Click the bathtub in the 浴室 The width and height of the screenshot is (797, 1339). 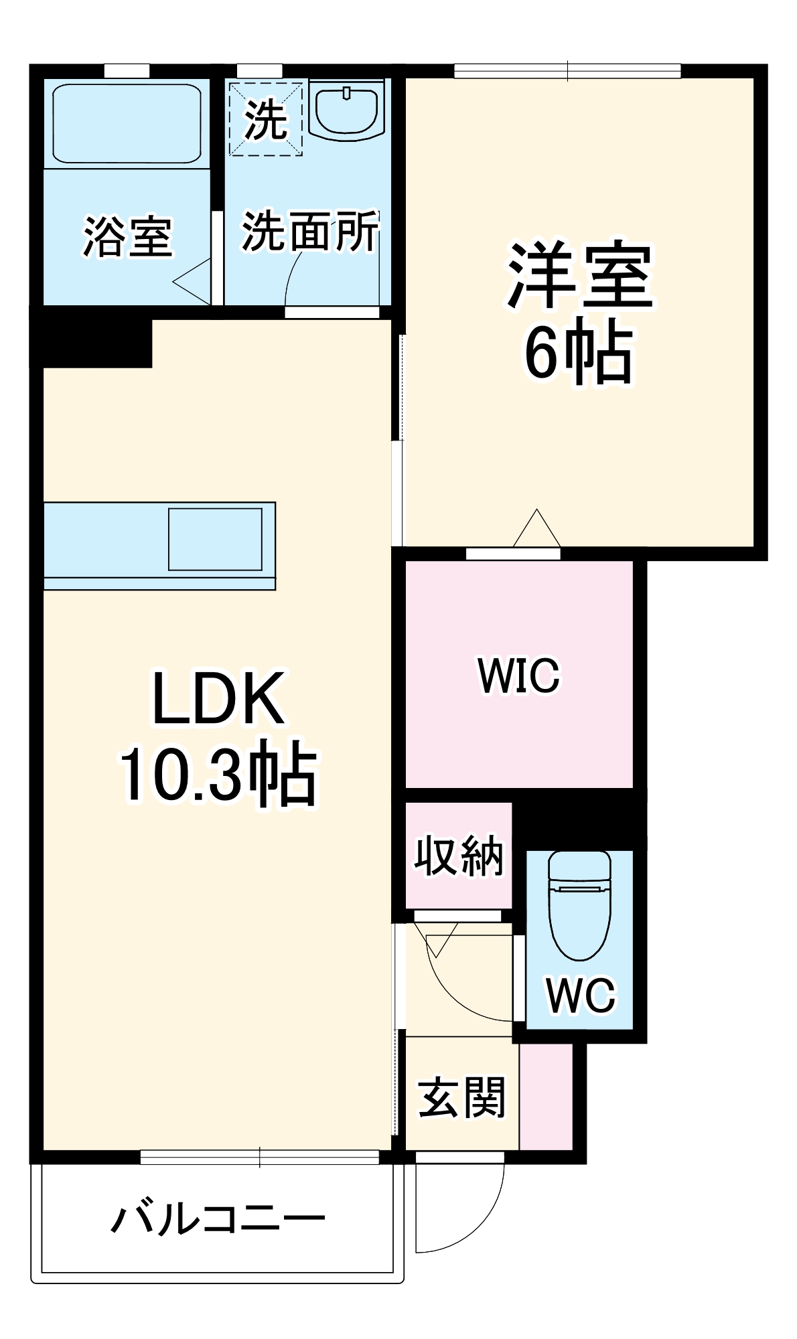(127, 123)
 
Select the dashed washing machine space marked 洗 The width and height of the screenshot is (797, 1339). (265, 119)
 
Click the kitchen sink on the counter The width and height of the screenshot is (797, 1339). (215, 539)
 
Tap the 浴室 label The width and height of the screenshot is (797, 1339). (127, 236)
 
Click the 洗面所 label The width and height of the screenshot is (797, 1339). (309, 232)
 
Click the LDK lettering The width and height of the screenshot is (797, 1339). (218, 699)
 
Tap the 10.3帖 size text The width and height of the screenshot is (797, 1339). (218, 773)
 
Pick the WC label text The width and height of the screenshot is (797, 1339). (580, 996)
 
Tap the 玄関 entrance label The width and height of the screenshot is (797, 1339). (461, 1098)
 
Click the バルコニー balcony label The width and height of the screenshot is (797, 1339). (218, 1220)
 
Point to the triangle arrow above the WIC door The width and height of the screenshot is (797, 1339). (536, 529)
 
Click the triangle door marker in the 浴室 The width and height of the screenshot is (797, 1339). (194, 282)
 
